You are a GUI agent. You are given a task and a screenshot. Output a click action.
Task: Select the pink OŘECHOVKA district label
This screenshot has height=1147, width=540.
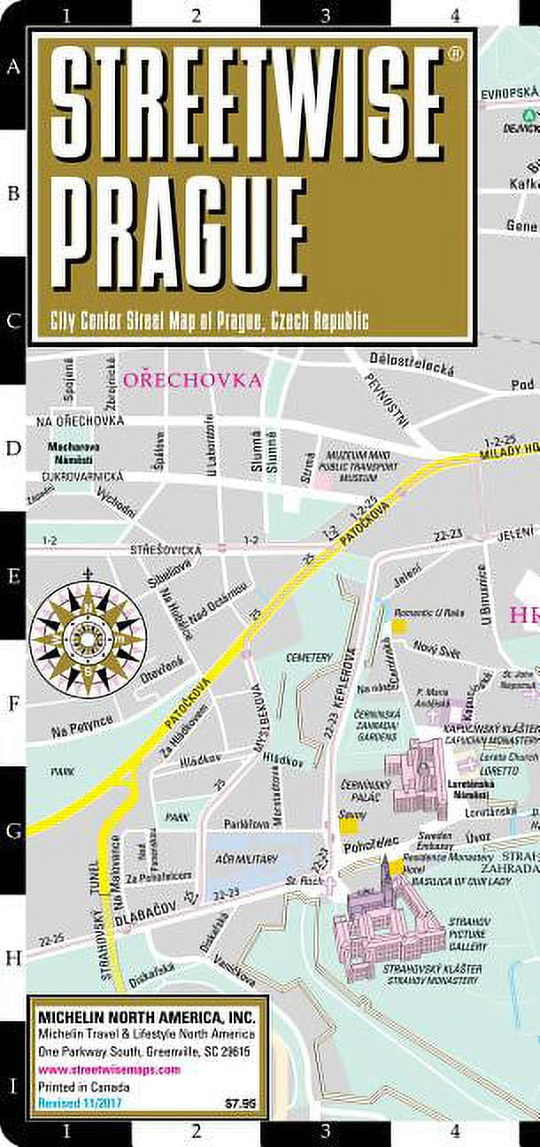pos(193,381)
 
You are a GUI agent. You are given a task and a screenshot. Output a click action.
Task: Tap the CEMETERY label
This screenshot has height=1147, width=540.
pos(309,658)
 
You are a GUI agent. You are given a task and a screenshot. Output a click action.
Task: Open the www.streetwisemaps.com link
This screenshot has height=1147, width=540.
pos(108,1069)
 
